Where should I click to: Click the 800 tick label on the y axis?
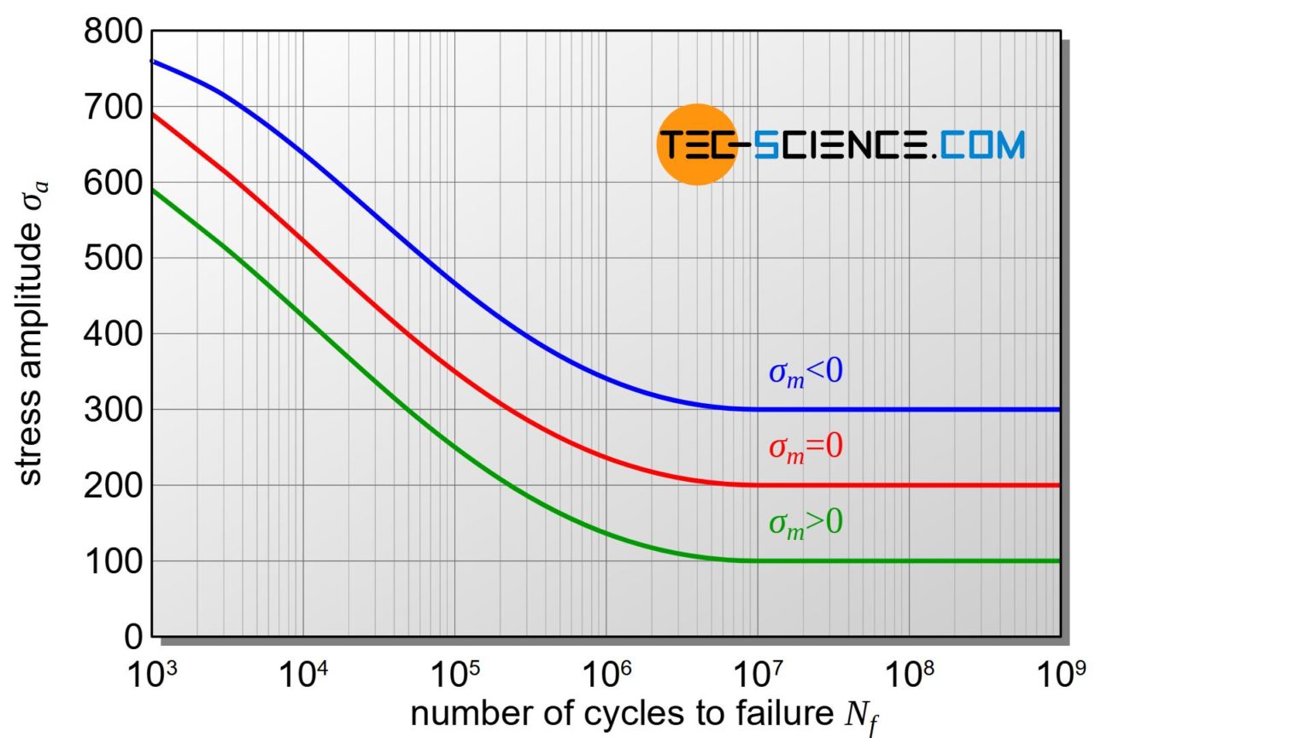(x=113, y=32)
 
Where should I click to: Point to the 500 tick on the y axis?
(x=113, y=258)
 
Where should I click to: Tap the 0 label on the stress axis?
(x=132, y=636)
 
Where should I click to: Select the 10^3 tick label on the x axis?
(x=152, y=675)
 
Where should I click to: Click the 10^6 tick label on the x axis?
(x=606, y=675)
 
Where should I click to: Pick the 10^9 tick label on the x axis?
(x=1061, y=675)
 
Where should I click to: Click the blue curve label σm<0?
(x=805, y=372)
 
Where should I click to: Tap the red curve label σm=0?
(x=805, y=447)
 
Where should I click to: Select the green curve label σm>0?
(x=805, y=522)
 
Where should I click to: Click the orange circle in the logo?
(x=696, y=144)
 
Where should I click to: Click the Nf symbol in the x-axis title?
(x=861, y=716)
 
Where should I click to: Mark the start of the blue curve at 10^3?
(x=153, y=61)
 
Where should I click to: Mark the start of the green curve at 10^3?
(x=153, y=190)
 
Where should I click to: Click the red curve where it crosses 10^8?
(x=909, y=485)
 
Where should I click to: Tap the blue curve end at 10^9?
(x=1058, y=410)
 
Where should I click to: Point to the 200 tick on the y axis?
(x=113, y=485)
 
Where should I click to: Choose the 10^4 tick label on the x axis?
(x=303, y=675)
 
